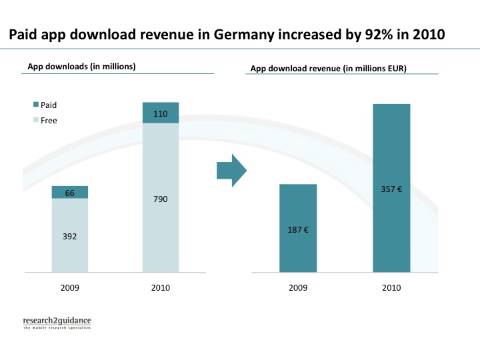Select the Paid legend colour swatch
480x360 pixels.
(35, 105)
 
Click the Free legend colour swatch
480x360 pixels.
(35, 120)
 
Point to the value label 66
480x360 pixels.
(69, 193)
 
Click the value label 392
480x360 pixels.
(69, 236)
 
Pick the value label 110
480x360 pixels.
(161, 114)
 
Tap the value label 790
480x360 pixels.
(161, 199)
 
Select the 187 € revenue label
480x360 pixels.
(297, 229)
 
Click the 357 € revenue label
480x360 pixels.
(391, 189)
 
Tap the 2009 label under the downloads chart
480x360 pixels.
(69, 288)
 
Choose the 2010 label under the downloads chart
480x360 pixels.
(161, 288)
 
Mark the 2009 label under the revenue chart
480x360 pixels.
(297, 288)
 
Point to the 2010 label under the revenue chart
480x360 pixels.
(391, 288)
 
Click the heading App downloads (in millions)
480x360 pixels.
(81, 66)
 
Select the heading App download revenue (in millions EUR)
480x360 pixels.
(329, 68)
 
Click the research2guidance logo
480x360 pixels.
(57, 323)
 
